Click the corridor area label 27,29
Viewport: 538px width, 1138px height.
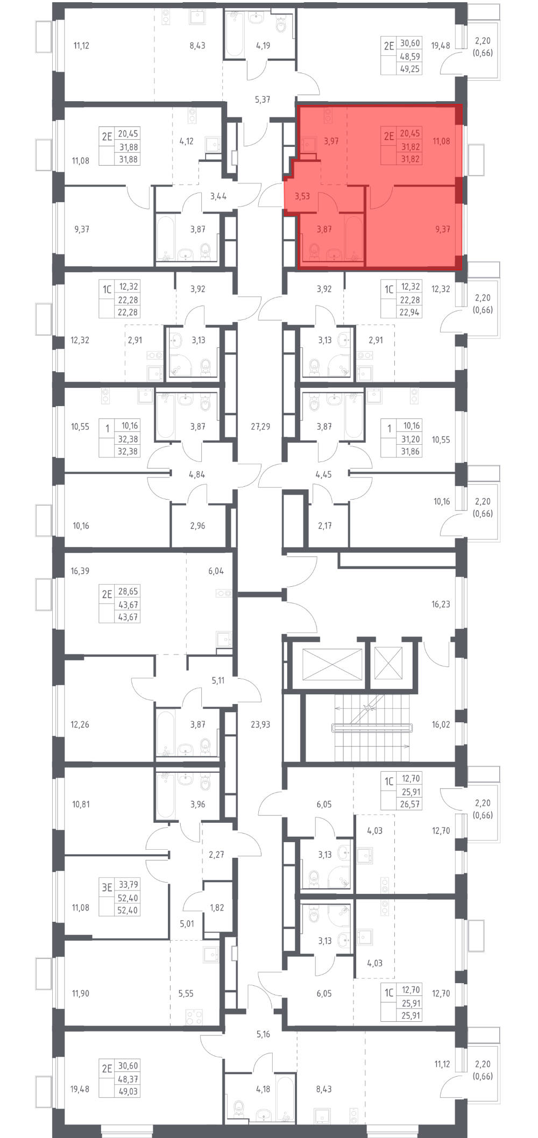click(x=260, y=426)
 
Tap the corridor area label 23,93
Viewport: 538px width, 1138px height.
click(x=260, y=724)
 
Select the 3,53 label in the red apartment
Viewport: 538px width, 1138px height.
click(x=302, y=196)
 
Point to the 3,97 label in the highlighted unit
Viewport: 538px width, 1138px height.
click(x=331, y=141)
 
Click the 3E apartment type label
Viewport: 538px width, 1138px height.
click(x=107, y=888)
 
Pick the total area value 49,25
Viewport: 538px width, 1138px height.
click(x=410, y=69)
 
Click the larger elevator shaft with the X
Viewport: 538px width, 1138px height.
click(x=332, y=665)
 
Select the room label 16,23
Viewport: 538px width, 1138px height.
click(x=441, y=604)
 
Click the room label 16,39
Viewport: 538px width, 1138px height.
click(x=80, y=571)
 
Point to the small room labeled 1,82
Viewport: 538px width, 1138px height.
click(x=217, y=907)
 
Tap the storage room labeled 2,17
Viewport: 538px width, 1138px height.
click(x=324, y=525)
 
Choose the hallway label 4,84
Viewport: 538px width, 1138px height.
click(x=197, y=474)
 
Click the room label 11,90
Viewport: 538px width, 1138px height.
click(x=81, y=993)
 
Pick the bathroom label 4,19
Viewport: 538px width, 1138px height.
click(x=263, y=46)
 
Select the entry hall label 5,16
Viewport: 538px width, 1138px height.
click(x=263, y=1034)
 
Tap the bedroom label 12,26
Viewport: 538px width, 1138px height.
click(x=80, y=724)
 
